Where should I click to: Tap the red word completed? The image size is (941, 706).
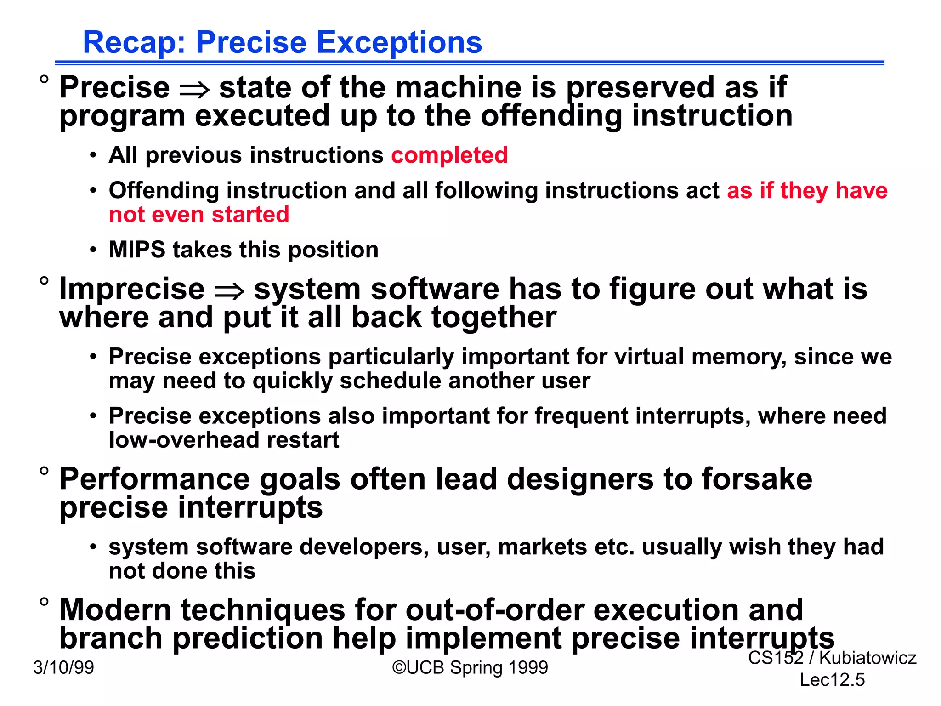[449, 155]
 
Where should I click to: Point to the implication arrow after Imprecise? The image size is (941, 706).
[229, 291]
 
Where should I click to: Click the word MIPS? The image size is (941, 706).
[136, 250]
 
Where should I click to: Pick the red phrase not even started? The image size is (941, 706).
[199, 215]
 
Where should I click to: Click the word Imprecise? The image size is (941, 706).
[132, 289]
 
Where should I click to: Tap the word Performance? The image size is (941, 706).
[154, 479]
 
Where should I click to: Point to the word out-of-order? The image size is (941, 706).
[494, 610]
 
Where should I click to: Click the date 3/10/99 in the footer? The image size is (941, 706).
[63, 667]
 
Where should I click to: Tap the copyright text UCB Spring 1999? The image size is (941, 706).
[470, 667]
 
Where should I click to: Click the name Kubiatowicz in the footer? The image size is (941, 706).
[867, 658]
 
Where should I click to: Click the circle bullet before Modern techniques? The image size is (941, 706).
[44, 602]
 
